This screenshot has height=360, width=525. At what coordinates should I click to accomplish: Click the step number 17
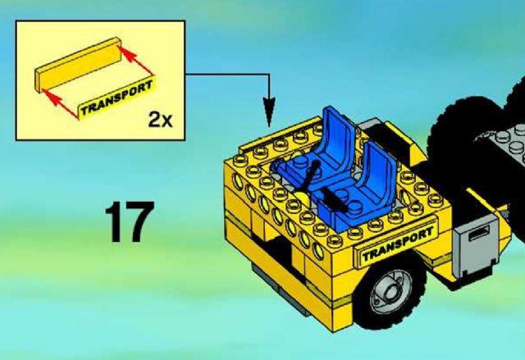pyautogui.click(x=130, y=221)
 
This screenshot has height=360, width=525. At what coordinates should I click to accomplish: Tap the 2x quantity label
pyautogui.click(x=161, y=120)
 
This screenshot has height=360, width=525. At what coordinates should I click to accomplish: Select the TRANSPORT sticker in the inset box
pyautogui.click(x=116, y=98)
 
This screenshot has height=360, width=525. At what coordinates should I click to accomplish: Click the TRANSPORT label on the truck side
pyautogui.click(x=398, y=243)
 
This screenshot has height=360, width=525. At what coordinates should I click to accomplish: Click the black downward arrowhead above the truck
pyautogui.click(x=269, y=112)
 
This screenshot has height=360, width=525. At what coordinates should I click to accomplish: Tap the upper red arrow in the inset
pyautogui.click(x=136, y=61)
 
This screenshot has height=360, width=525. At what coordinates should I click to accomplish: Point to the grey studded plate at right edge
pyautogui.click(x=503, y=141)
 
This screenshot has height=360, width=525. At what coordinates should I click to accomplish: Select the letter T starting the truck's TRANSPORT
pyautogui.click(x=367, y=256)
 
